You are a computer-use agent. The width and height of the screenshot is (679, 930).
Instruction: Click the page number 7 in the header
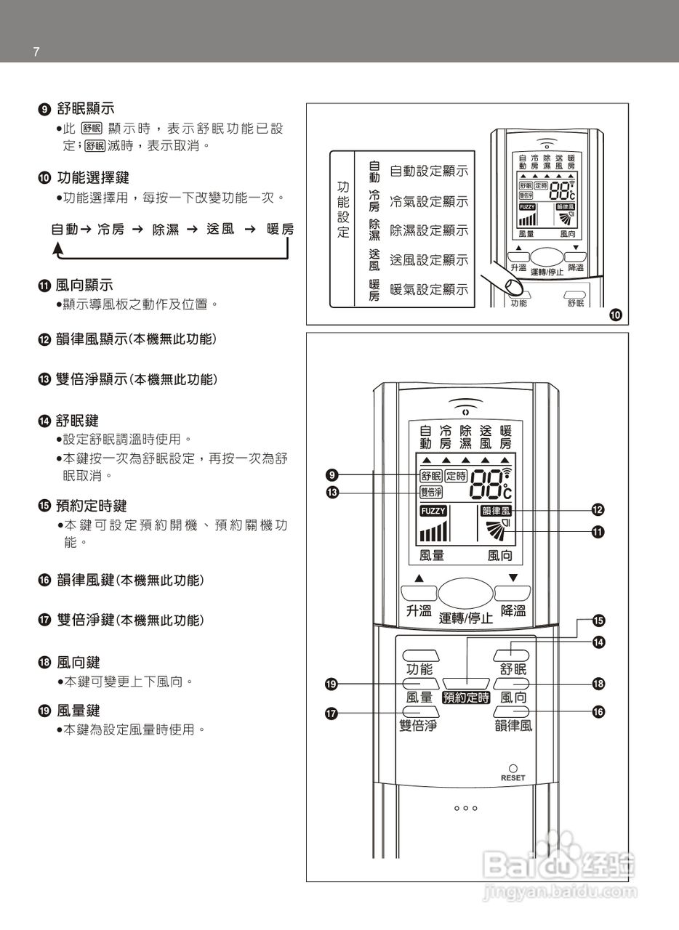(36, 52)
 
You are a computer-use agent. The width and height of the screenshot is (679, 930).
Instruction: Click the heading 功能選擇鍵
(85, 177)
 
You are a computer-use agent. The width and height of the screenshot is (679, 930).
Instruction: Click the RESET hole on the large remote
(513, 768)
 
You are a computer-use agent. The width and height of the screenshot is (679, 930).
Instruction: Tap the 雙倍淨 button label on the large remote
(418, 725)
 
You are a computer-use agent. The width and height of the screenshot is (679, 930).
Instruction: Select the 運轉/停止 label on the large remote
(466, 618)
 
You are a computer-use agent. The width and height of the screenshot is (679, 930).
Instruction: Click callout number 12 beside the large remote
(598, 509)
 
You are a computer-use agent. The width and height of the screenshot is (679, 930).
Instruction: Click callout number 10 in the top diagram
(616, 315)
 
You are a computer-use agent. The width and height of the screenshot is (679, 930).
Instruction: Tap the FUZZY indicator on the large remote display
(433, 511)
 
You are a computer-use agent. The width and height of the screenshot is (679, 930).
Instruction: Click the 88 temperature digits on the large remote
(486, 484)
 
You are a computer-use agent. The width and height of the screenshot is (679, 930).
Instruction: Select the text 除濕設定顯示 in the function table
(429, 230)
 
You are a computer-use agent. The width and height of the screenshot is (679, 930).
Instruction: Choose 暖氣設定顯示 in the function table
(429, 290)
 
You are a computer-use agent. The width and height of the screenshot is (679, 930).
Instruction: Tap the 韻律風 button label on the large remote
(513, 725)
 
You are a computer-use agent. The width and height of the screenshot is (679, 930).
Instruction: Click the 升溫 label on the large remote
(418, 611)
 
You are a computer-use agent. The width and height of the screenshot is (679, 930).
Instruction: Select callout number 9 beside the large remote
(332, 476)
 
